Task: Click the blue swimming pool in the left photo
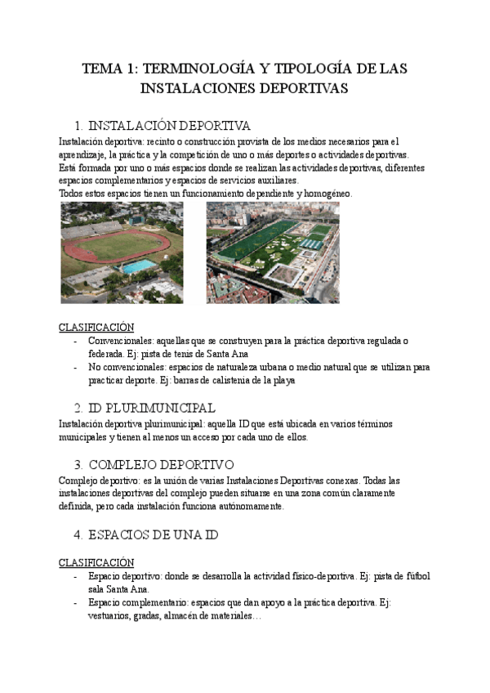click(137, 266)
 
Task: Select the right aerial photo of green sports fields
click(273, 253)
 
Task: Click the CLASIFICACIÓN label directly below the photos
click(96, 327)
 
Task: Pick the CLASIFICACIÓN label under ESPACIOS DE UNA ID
click(96, 562)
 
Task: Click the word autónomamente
click(245, 506)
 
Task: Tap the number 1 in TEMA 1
click(131, 69)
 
